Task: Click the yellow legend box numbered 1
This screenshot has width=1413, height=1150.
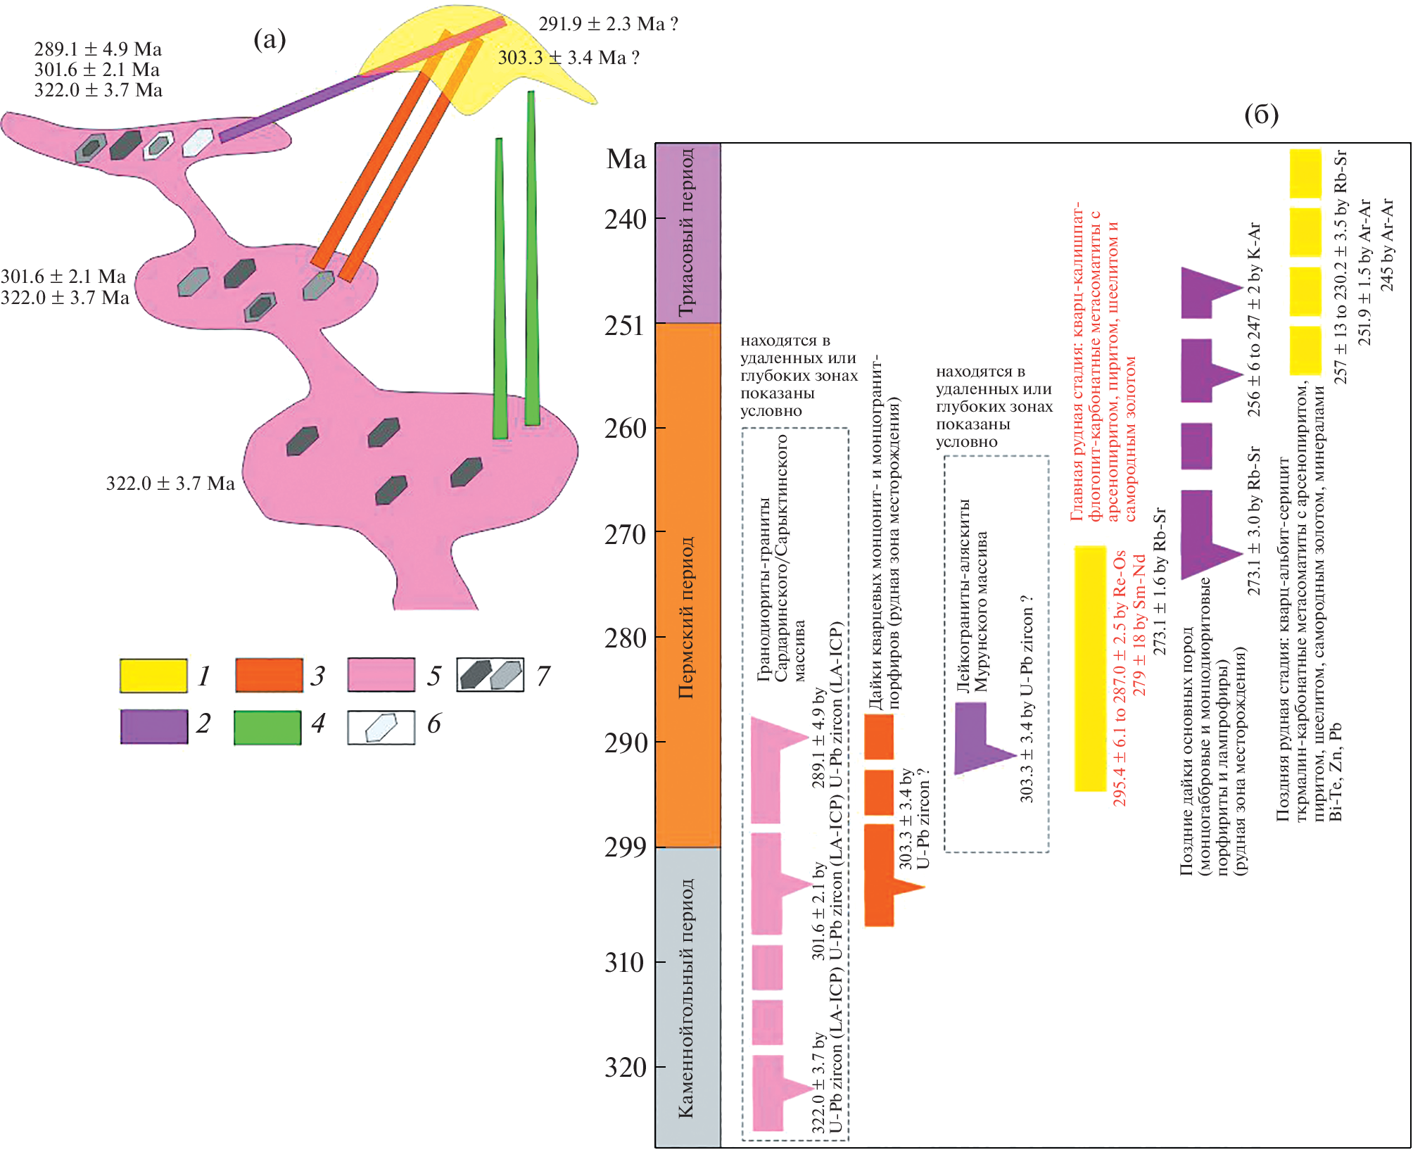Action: pos(153,676)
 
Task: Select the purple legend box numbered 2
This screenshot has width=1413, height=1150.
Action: pos(153,726)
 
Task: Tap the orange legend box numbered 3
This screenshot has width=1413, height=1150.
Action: pos(269,676)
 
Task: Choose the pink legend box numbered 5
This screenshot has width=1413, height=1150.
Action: pos(381,676)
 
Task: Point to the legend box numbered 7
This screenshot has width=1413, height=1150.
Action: pos(490,676)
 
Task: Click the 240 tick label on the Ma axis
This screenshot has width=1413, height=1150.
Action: pos(625,220)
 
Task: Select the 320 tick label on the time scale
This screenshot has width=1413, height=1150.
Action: pos(625,1068)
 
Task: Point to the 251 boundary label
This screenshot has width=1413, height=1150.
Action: pos(625,325)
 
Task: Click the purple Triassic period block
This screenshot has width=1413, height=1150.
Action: pos(688,233)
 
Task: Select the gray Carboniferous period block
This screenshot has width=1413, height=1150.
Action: pos(688,996)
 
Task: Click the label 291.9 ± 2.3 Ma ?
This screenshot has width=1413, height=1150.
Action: pos(608,25)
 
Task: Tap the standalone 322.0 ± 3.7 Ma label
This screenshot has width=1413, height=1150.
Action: pos(170,484)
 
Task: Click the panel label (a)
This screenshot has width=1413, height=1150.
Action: pos(270,39)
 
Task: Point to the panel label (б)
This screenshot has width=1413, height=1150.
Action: pos(1261,114)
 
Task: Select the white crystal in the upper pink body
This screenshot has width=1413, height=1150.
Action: pos(198,142)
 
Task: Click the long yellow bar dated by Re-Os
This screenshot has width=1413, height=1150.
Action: pos(1090,669)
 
